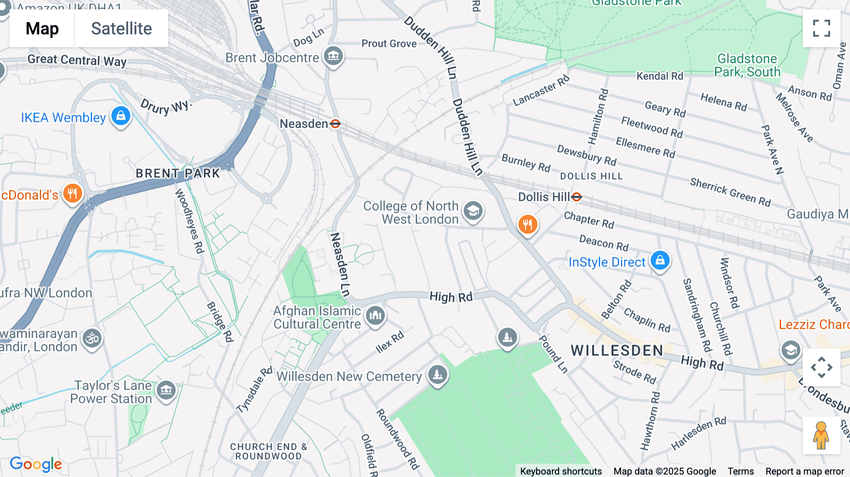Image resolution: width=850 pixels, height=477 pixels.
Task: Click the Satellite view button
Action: point(121,28)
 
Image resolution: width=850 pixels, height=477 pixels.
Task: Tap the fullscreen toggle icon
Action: point(821,28)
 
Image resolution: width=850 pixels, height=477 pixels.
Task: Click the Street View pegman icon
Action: point(821,435)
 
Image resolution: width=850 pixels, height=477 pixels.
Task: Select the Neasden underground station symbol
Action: point(335,124)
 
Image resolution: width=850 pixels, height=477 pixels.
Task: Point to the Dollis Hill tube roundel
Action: point(577,197)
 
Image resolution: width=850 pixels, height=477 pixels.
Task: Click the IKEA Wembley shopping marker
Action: point(121,116)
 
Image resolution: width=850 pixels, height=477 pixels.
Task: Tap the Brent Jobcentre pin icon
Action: point(333,56)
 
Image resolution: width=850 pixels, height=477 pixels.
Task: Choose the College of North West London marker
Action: point(473,211)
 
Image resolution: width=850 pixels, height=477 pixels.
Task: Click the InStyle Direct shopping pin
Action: point(660,260)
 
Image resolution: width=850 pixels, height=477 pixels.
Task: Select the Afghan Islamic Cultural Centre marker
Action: point(375,315)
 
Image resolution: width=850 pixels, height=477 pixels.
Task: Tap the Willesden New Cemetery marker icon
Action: point(438,375)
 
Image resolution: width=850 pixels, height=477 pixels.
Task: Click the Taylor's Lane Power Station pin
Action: point(166,390)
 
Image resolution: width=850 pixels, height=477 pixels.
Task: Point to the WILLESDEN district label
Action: point(617,350)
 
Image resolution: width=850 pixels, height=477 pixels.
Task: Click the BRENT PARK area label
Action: point(178,173)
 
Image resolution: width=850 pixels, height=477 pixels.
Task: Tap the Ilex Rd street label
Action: point(390,342)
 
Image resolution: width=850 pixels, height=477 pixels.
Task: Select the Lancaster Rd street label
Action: point(541,90)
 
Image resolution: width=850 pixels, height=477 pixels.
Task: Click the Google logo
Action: point(36,464)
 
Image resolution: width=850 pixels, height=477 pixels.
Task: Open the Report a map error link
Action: point(805,471)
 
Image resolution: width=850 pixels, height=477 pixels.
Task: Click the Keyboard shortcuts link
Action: point(561,471)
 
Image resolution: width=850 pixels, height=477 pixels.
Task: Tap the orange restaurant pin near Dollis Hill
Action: point(527,224)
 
